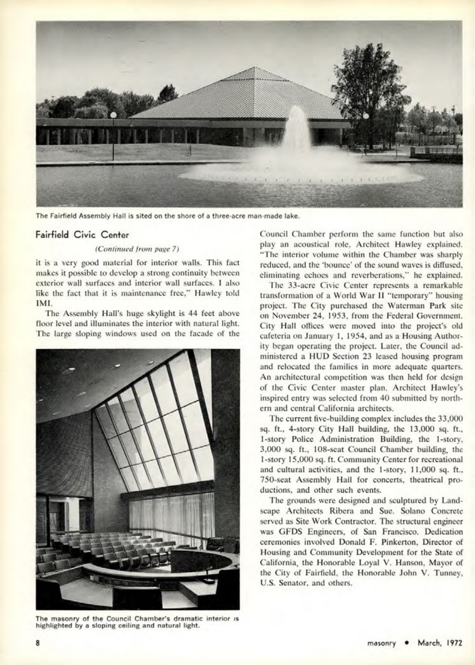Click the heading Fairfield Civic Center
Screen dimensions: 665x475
click(82, 234)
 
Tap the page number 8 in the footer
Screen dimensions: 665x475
click(38, 643)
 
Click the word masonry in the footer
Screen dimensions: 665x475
click(382, 643)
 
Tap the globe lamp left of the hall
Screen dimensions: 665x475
click(113, 115)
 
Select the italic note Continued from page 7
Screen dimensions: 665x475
click(137, 249)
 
